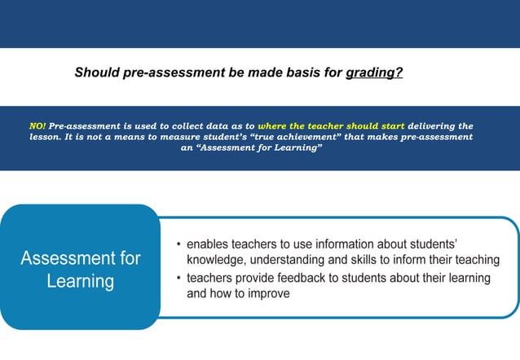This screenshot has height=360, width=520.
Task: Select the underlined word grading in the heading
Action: (371, 72)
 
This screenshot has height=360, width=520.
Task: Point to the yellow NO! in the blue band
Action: (37, 127)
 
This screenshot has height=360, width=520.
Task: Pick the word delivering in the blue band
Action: (440, 127)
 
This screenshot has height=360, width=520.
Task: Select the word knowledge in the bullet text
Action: (217, 260)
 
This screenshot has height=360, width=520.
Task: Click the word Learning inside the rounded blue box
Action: (80, 282)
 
